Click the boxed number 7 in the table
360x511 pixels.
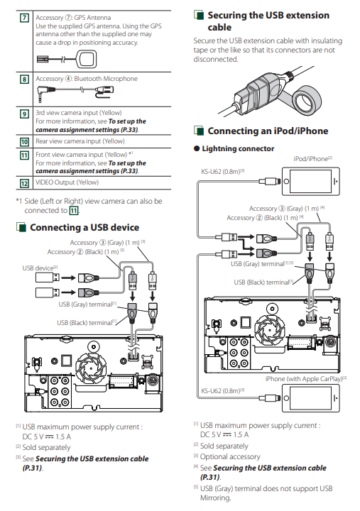(24, 18)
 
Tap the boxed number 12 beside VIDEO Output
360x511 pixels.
(24, 183)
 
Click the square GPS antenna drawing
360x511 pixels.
(87, 60)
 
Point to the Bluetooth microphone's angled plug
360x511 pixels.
(43, 89)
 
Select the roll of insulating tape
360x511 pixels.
(306, 99)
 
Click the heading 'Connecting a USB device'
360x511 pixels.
(84, 228)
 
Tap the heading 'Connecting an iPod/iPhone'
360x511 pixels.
(268, 131)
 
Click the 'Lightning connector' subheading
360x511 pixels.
(238, 148)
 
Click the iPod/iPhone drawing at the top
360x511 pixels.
(311, 182)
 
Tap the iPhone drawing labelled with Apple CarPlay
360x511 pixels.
(311, 398)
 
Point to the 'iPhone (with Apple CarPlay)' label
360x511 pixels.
(305, 379)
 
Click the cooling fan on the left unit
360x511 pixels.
(91, 367)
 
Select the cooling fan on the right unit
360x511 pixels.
(270, 326)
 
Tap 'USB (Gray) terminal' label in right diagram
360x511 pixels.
(262, 263)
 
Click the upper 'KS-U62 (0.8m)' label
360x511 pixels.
(223, 172)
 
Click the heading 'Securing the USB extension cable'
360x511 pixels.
(268, 21)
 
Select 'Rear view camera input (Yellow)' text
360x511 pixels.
(80, 141)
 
